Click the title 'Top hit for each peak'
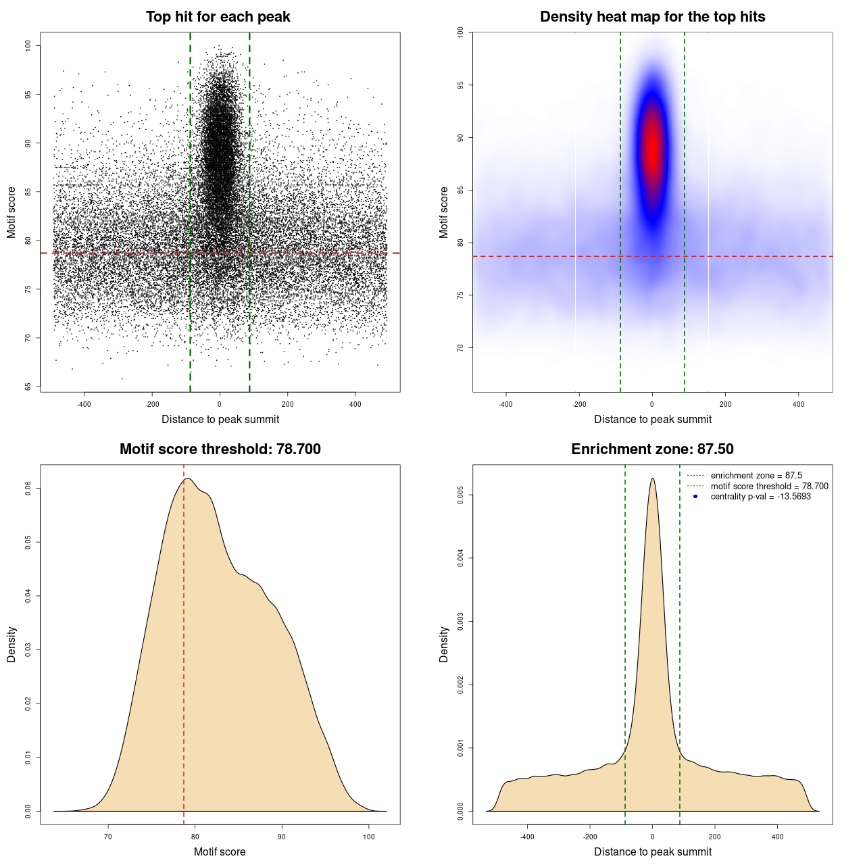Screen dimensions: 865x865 click(218, 17)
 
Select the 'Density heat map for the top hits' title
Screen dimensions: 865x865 click(652, 17)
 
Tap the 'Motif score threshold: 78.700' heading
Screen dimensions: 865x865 click(220, 449)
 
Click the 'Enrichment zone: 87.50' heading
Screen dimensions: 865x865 click(652, 449)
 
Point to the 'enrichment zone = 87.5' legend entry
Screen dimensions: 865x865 click(756, 476)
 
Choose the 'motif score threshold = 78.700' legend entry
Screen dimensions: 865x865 click(769, 486)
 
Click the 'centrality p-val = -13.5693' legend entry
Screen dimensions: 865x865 click(760, 497)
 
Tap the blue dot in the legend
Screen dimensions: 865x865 click(695, 497)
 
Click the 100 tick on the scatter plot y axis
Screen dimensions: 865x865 click(28, 45)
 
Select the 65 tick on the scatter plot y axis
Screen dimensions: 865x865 click(28, 387)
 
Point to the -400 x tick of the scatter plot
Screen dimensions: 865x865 click(84, 404)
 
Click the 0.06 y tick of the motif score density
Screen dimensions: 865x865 click(28, 488)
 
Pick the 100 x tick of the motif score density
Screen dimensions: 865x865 click(368, 837)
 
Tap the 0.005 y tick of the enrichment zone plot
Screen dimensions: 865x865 click(460, 495)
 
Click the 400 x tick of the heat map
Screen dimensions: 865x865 click(799, 404)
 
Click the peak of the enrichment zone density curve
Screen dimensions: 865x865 click(652, 478)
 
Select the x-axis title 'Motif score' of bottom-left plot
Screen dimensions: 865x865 click(220, 851)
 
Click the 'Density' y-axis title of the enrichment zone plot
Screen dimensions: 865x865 click(444, 644)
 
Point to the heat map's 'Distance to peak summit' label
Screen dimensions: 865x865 click(652, 419)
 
